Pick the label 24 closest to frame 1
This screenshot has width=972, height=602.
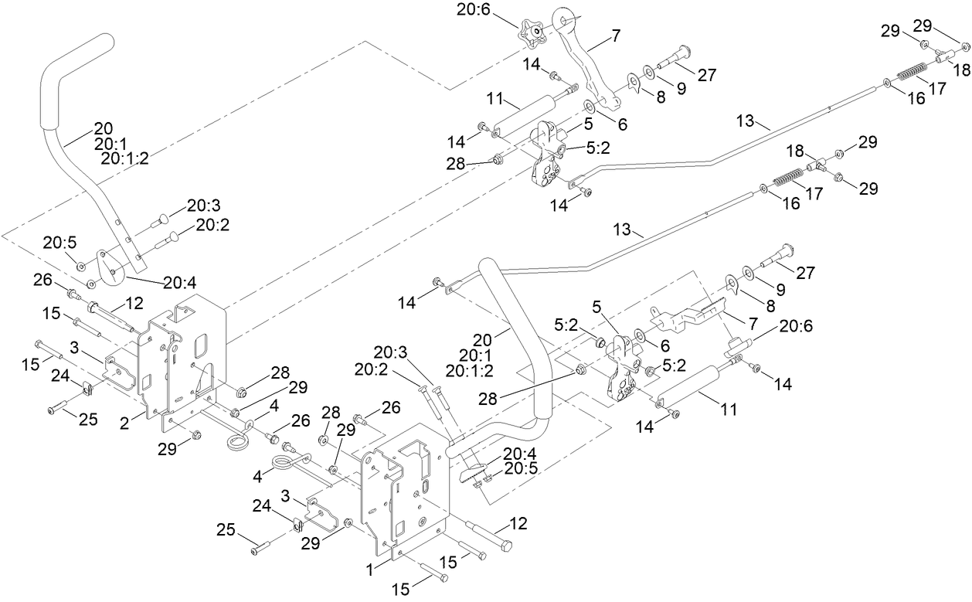(262, 505)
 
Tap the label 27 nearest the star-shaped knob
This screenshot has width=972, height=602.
(705, 75)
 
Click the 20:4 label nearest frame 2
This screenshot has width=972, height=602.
(178, 284)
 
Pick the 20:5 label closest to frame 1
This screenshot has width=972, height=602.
(522, 468)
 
